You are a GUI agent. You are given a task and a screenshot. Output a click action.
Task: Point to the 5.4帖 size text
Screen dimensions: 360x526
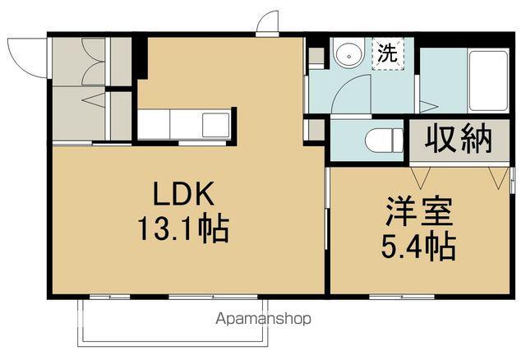pyautogui.click(x=420, y=245)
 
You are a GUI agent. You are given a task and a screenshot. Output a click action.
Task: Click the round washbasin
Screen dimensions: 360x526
pyautogui.click(x=348, y=55)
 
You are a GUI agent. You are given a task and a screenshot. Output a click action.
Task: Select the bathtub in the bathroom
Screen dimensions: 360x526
pyautogui.click(x=487, y=81)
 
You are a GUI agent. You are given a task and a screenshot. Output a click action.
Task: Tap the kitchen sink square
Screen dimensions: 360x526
pyautogui.click(x=217, y=125)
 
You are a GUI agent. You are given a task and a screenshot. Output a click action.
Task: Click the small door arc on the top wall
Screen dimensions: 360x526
pyautogui.click(x=268, y=23)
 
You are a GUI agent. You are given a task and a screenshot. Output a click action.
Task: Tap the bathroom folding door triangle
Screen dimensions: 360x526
pyautogui.click(x=427, y=104)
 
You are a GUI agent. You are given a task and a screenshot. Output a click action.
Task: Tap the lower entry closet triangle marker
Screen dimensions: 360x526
pyautogui.click(x=93, y=102)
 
